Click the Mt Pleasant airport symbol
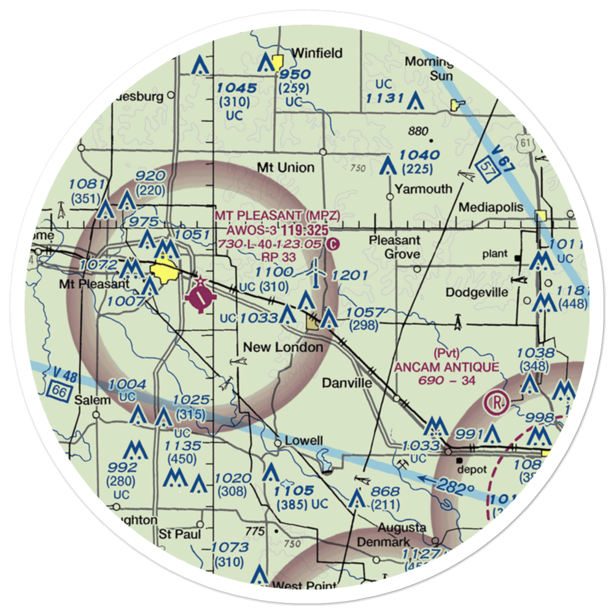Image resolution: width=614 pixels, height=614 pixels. [x=201, y=299]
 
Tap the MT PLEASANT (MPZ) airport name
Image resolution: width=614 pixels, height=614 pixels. [x=277, y=216]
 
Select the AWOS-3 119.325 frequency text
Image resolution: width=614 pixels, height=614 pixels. [x=274, y=230]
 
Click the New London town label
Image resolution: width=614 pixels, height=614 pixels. [x=283, y=348]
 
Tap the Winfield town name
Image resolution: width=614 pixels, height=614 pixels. [x=317, y=53]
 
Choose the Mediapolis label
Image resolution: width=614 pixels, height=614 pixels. [x=491, y=207]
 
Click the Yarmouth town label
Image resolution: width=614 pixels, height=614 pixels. [x=424, y=189]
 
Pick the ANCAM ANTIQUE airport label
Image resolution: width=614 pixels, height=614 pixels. [x=446, y=367]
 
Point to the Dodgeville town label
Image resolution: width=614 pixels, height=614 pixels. [x=477, y=292]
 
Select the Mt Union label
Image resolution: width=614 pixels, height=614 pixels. [x=286, y=168]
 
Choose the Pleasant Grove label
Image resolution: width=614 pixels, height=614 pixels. [x=394, y=247]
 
